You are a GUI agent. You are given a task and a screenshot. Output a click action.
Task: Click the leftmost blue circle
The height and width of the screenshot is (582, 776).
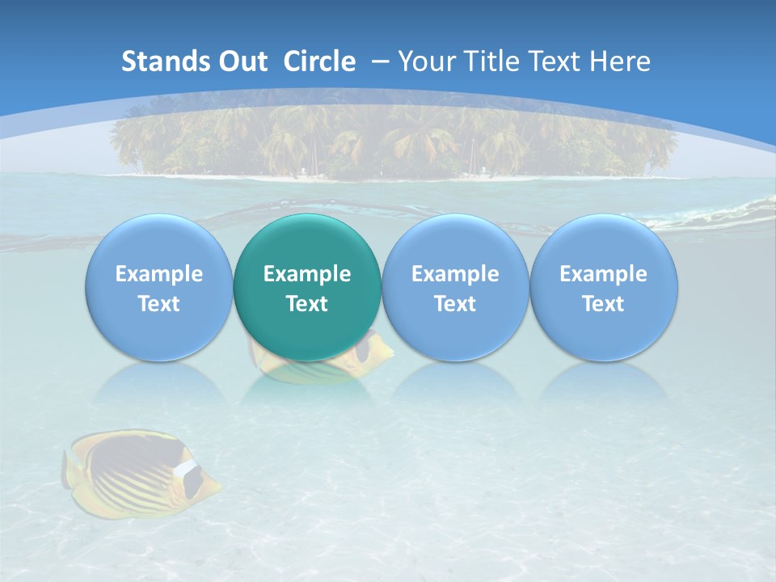point(158,288)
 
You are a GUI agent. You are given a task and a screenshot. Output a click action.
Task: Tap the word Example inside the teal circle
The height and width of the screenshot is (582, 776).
point(307,274)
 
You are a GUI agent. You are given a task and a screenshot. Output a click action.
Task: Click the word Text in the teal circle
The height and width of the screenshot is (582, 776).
point(307,304)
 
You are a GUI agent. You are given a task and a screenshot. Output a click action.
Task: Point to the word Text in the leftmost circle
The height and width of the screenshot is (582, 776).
point(158,304)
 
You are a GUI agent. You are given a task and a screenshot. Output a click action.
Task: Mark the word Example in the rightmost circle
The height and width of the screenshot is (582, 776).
point(604,274)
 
